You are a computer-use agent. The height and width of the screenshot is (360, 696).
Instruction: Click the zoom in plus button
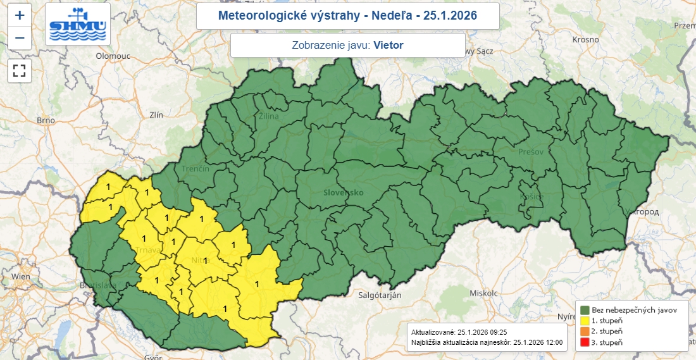[x=20, y=16]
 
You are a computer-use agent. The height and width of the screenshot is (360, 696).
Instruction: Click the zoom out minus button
[x=20, y=38]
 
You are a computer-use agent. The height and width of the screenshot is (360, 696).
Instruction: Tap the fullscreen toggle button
[x=20, y=70]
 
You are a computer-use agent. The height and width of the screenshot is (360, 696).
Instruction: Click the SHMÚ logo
[x=78, y=25]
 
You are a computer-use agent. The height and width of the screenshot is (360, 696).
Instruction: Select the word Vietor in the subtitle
[x=388, y=45]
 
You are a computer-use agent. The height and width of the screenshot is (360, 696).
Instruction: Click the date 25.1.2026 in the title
[x=450, y=15]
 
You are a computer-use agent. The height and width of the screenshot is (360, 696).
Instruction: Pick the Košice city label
[x=531, y=197]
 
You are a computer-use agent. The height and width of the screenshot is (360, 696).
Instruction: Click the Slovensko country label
[x=343, y=192]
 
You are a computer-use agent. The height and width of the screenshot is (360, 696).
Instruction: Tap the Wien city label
[x=20, y=276]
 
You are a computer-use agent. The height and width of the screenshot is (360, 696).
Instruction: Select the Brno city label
[x=46, y=120]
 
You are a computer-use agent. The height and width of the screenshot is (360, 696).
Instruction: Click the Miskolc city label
[x=484, y=294]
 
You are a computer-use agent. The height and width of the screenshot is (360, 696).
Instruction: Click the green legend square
[x=585, y=310]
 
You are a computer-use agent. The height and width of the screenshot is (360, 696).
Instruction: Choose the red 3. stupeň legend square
[x=585, y=342]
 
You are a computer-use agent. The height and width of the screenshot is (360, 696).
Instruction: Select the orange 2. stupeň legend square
[x=585, y=332]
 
